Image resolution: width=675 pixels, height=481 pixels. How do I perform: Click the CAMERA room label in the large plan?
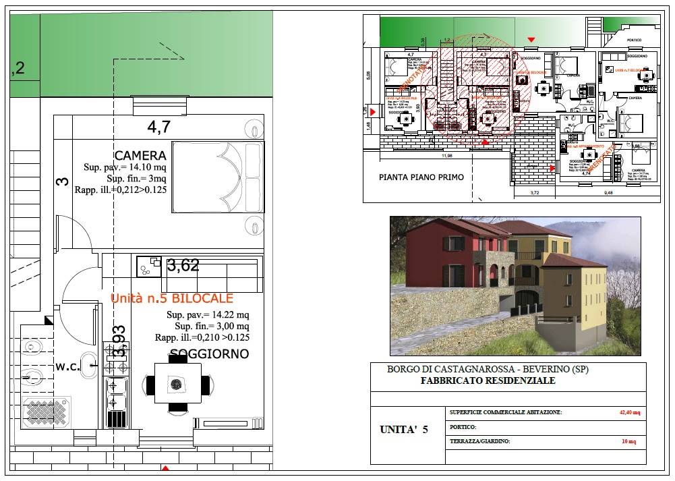tap(140, 156)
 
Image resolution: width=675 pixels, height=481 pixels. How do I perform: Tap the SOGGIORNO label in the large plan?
tap(209, 353)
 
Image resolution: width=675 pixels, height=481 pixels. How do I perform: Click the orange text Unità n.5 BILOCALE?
tap(172, 298)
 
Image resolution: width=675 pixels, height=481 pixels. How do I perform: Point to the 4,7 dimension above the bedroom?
tap(159, 125)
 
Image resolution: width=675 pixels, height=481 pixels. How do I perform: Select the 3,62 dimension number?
tap(183, 266)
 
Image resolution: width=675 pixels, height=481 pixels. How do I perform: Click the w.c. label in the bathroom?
tap(67, 367)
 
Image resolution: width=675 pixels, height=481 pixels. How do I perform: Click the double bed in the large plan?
tap(217, 177)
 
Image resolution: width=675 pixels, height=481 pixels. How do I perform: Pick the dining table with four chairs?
tap(177, 385)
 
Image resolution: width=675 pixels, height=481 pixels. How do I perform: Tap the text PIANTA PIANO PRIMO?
tap(421, 177)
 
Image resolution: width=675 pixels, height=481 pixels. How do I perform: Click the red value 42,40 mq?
tap(630, 412)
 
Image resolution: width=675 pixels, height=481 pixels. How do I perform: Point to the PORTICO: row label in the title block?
tap(463, 427)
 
